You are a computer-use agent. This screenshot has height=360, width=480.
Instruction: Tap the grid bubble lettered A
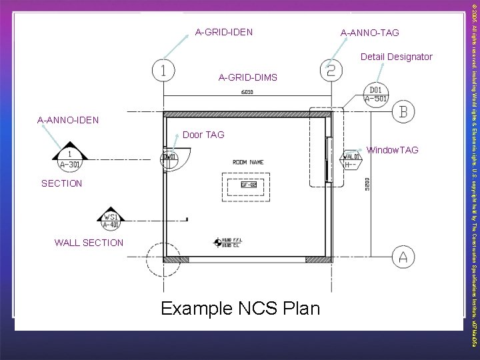pyautogui.click(x=403, y=256)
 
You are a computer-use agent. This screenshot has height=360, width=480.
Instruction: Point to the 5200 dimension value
pyautogui.click(x=365, y=184)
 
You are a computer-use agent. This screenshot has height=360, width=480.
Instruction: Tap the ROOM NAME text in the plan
pyautogui.click(x=247, y=162)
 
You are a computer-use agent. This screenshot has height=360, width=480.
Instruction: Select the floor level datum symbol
pyautogui.click(x=217, y=243)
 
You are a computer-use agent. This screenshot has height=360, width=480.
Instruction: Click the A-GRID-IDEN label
pyautogui.click(x=223, y=31)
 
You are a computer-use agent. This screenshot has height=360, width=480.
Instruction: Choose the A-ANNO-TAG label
pyautogui.click(x=369, y=33)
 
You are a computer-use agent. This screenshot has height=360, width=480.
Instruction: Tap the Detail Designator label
pyautogui.click(x=397, y=57)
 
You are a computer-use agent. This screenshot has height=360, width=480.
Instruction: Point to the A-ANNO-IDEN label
pyautogui.click(x=68, y=121)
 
